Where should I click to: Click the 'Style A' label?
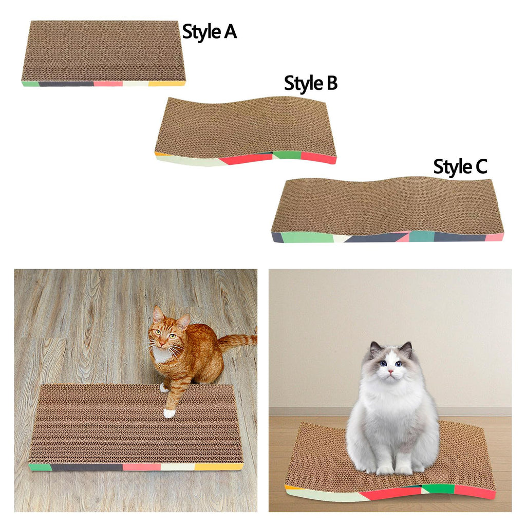click(210, 32)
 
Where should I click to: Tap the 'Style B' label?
click(311, 83)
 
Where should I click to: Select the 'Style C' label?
click(460, 167)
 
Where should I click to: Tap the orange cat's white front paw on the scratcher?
click(169, 413)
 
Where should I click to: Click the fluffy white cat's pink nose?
click(390, 371)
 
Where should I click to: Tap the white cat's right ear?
click(407, 349)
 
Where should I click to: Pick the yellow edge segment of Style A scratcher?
click(167, 83)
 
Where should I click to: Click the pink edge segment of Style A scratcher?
click(108, 83)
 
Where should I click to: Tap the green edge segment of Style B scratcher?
click(287, 155)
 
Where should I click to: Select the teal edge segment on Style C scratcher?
click(422, 236)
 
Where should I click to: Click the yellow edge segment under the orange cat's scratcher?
click(219, 466)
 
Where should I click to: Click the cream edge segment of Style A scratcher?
click(136, 83)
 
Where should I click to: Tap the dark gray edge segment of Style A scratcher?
click(66, 84)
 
